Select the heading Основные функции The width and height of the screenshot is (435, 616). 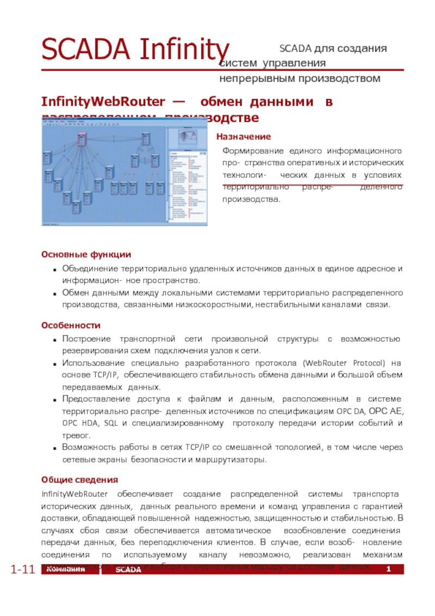(x=86, y=255)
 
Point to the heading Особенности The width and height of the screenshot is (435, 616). (x=71, y=325)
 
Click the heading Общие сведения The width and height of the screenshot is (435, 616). (x=79, y=480)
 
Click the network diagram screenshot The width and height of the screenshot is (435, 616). (x=125, y=173)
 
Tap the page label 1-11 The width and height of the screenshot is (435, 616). (x=23, y=570)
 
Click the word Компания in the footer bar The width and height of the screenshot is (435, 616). (x=65, y=569)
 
